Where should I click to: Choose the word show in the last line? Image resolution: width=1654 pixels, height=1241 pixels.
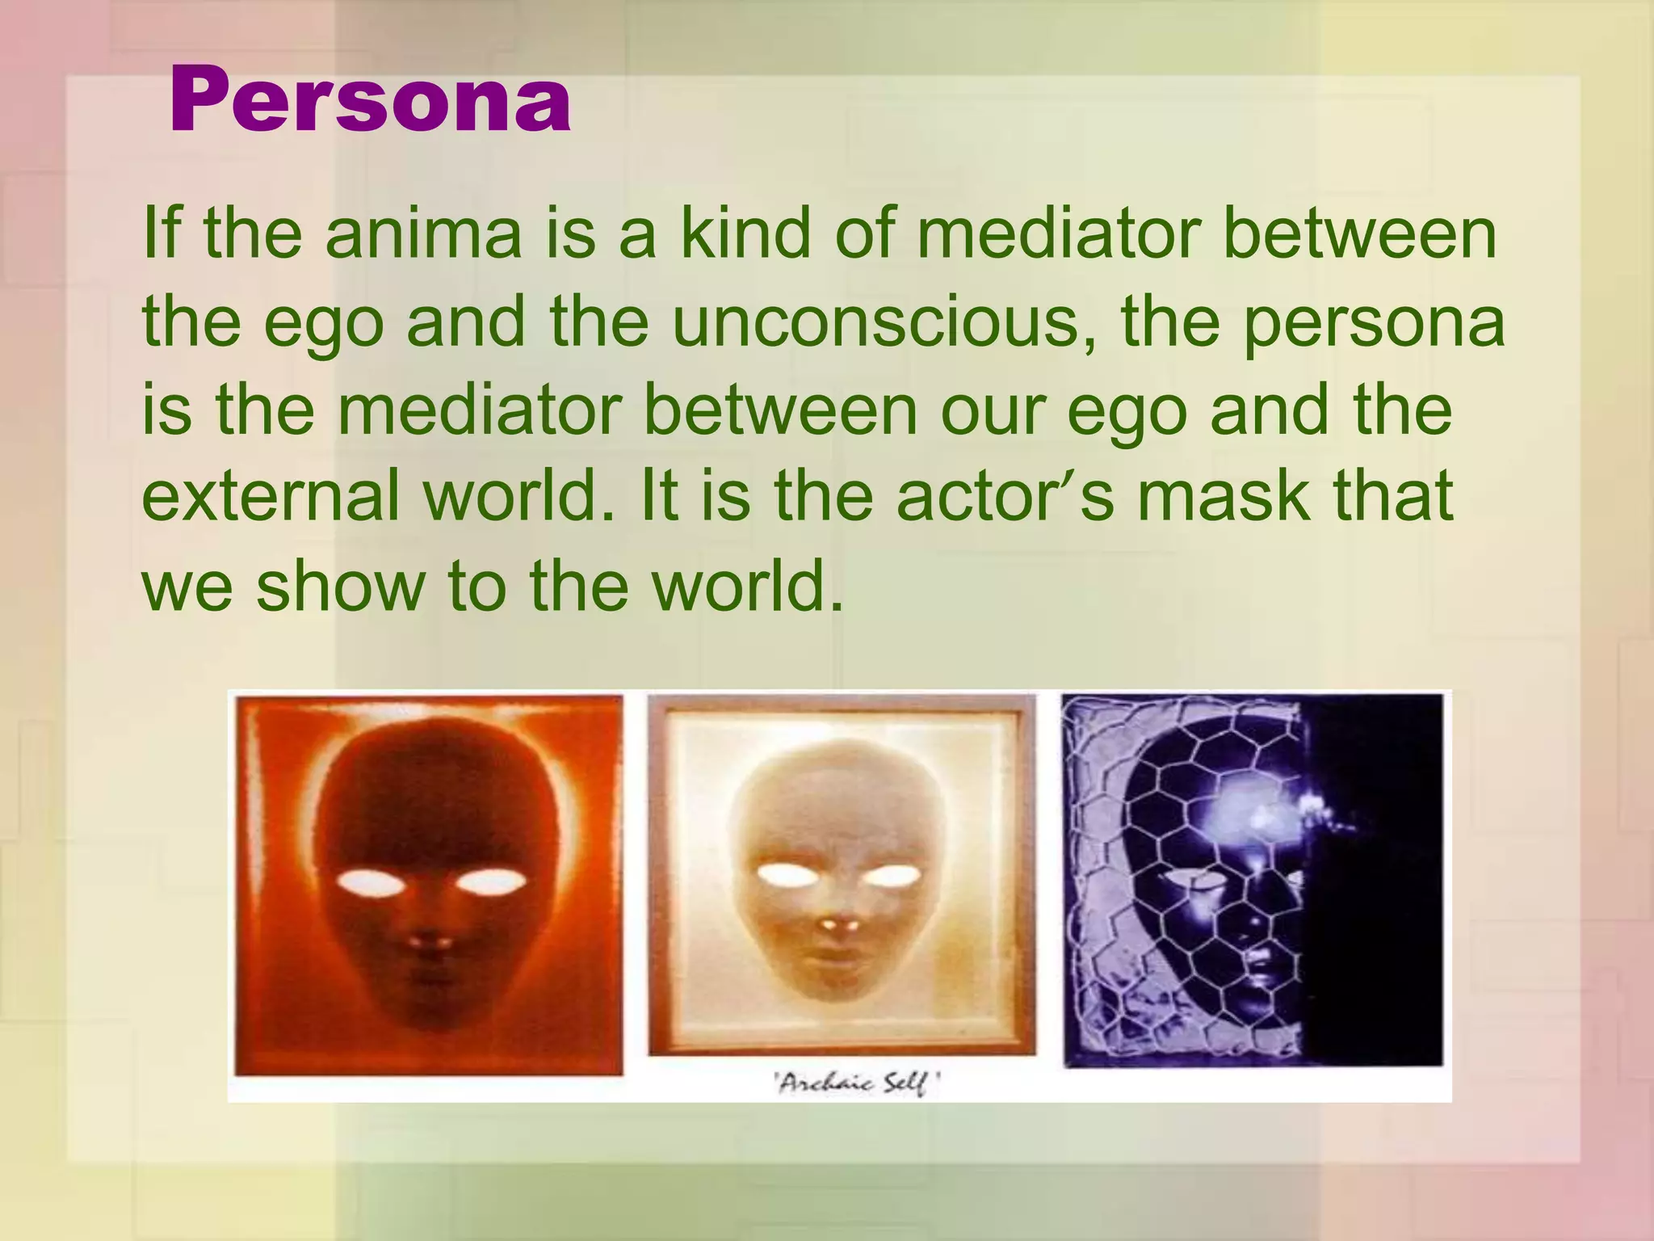point(340,584)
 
